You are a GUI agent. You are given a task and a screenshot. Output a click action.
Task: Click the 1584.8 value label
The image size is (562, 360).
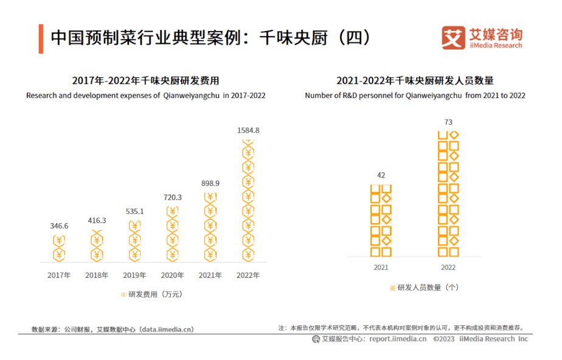tap(248, 130)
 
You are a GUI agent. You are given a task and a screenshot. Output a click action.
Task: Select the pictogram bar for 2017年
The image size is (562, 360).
tap(59, 249)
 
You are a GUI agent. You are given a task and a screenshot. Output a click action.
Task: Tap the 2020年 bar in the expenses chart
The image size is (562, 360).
tap(172, 234)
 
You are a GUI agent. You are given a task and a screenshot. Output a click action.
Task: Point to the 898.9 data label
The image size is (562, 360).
tap(210, 183)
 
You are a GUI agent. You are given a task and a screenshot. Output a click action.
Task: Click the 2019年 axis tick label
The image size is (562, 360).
tap(134, 275)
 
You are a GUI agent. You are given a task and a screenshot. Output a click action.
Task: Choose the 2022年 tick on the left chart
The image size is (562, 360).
tap(248, 275)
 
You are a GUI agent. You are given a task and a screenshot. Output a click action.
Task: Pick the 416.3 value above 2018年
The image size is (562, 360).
tap(96, 221)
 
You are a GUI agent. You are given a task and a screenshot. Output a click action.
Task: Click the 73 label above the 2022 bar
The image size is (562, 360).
tap(448, 122)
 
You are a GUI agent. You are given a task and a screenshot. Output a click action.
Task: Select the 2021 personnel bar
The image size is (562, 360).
tap(381, 220)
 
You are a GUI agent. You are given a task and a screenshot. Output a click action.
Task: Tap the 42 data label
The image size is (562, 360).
tap(381, 176)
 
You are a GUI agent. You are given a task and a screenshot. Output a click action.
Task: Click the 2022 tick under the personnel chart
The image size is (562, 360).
tap(448, 268)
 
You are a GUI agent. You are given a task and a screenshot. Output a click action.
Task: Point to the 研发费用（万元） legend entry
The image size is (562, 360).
tap(151, 294)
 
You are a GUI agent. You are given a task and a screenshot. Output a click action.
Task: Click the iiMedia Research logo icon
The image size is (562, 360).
tap(453, 38)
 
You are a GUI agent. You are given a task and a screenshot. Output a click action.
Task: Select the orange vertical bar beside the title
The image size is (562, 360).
tap(40, 38)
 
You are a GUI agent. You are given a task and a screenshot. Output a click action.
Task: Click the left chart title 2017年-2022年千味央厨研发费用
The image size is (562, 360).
tap(145, 81)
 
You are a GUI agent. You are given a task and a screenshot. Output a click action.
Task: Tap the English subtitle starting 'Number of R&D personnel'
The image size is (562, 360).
tap(415, 95)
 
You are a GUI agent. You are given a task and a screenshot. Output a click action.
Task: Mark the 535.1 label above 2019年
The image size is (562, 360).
tap(134, 212)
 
